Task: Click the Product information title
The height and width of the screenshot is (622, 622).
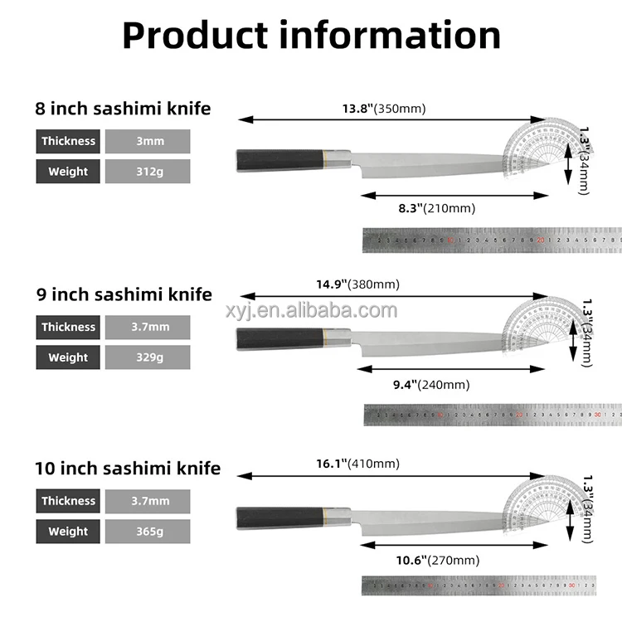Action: tap(311, 34)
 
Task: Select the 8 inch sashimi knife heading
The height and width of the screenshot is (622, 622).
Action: tap(123, 109)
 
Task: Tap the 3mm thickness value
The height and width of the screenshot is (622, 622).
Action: tap(150, 141)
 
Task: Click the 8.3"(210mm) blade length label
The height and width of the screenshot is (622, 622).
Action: tap(436, 208)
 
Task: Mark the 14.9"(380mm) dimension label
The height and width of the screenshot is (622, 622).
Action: tap(357, 284)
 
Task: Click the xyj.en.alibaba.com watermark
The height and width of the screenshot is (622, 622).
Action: tap(311, 311)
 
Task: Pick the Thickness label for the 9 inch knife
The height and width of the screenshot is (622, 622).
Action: tap(68, 327)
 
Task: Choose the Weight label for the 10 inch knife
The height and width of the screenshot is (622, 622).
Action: tap(68, 532)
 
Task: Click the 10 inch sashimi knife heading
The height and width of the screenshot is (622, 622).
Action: tap(128, 469)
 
